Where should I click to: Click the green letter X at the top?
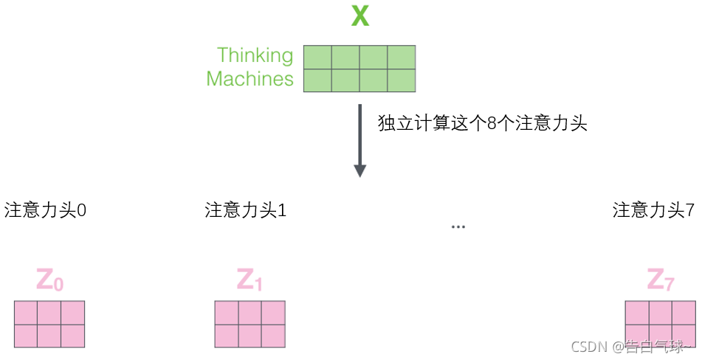pyautogui.click(x=359, y=15)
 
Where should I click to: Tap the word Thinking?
pyautogui.click(x=255, y=55)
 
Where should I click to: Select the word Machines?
pyautogui.click(x=250, y=79)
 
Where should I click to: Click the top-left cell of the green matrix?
pyautogui.click(x=317, y=57)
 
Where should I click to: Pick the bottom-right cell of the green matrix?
pyautogui.click(x=401, y=80)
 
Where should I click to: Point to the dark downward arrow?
pyautogui.click(x=359, y=140)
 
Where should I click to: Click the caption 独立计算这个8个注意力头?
pyautogui.click(x=482, y=123)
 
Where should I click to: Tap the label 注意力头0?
pyautogui.click(x=46, y=210)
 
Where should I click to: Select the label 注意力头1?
pyautogui.click(x=246, y=210)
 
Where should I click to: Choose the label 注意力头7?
pyautogui.click(x=653, y=210)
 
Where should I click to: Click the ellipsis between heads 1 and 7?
pyautogui.click(x=458, y=226)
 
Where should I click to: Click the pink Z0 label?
pyautogui.click(x=50, y=280)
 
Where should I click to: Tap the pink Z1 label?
pyautogui.click(x=250, y=280)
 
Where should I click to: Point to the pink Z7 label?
pyautogui.click(x=661, y=280)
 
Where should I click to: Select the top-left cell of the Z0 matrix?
pyautogui.click(x=26, y=313)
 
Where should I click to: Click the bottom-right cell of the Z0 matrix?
pyautogui.click(x=72, y=336)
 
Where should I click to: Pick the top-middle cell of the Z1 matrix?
pyautogui.click(x=250, y=313)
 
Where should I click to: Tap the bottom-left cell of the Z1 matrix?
pyautogui.click(x=227, y=336)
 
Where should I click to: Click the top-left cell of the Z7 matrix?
pyautogui.click(x=637, y=313)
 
